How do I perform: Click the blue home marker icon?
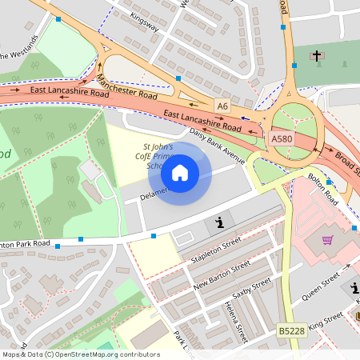180,172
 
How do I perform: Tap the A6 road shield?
222,105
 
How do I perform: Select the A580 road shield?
281,138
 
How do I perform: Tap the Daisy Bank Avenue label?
216,142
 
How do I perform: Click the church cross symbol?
316,57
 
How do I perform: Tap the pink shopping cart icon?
327,240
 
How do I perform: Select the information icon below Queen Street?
354,289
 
